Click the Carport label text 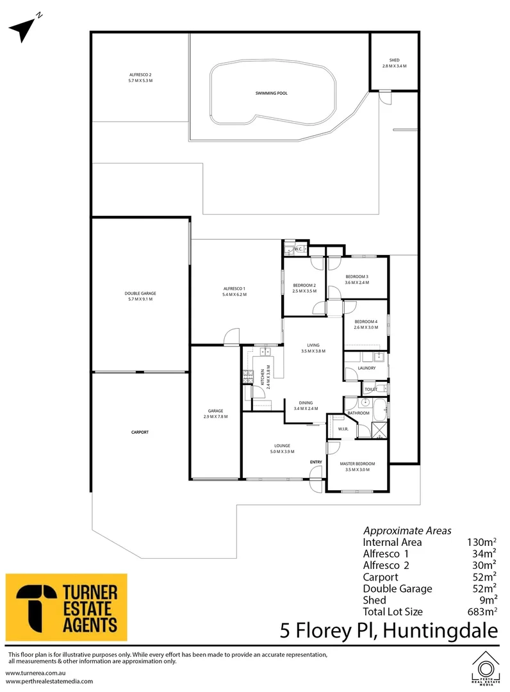click(x=140, y=432)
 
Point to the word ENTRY click(x=316, y=462)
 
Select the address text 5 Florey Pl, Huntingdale click(x=388, y=630)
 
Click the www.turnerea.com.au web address click(x=37, y=673)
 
